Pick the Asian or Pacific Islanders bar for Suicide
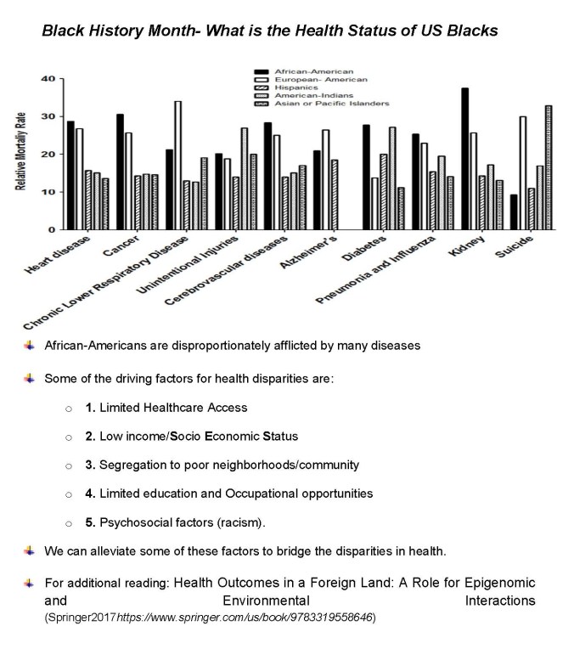point(548,167)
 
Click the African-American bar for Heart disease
point(70,175)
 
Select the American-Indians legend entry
point(308,95)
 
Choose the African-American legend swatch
point(262,71)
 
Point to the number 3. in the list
point(90,465)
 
